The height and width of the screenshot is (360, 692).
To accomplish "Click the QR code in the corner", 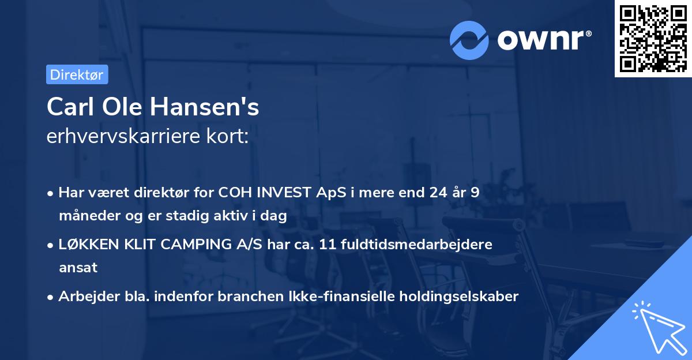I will point(653,39).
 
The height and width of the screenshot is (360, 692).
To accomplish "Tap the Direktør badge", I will point(77,74).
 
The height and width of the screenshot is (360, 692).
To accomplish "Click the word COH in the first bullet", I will point(234,193).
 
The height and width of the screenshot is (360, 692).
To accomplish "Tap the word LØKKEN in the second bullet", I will point(83,245).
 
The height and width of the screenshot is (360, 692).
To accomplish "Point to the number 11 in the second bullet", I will point(337,245).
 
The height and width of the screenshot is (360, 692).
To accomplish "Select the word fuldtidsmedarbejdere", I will point(422,245).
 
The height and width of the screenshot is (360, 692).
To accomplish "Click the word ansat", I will point(78,268).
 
